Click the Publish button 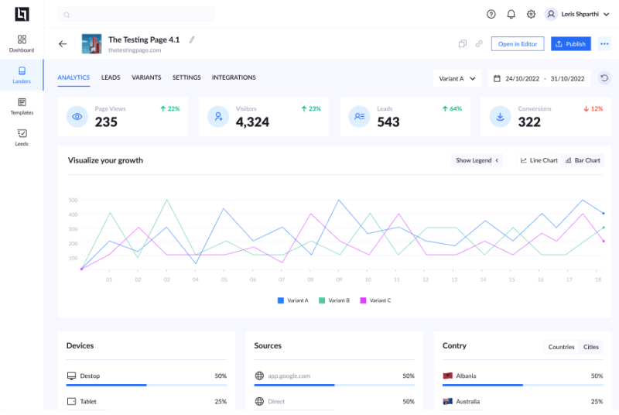click(x=571, y=44)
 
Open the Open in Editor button click(x=518, y=44)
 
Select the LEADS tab click(x=111, y=77)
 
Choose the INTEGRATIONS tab click(x=234, y=77)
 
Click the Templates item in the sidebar click(x=22, y=106)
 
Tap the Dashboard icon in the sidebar click(x=22, y=39)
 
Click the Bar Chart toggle click(x=583, y=160)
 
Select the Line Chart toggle click(x=539, y=160)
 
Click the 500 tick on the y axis click(x=73, y=200)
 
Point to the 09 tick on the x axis click(x=339, y=280)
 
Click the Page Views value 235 click(x=106, y=122)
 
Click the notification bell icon click(x=511, y=14)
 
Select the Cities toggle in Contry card click(x=591, y=347)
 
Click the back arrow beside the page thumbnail click(x=63, y=44)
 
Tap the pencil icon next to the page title click(x=192, y=39)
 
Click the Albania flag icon click(x=447, y=376)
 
